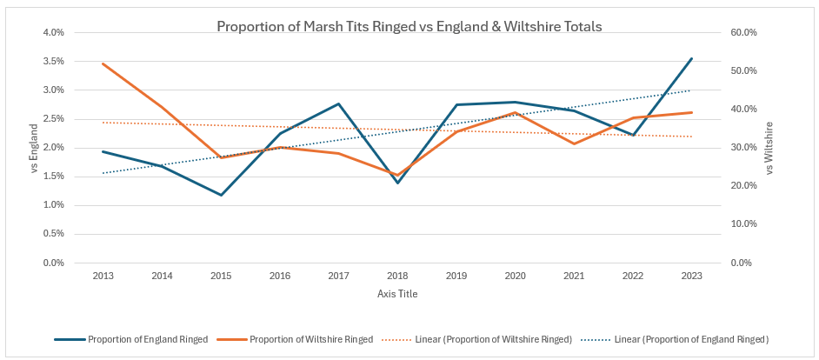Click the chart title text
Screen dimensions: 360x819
409,26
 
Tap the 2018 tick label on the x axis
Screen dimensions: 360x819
396,275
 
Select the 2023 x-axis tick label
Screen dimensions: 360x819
691,275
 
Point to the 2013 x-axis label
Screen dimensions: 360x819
103,275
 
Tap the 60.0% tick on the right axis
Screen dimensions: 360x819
746,33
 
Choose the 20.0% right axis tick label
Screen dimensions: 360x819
746,186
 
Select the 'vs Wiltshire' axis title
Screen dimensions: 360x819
769,148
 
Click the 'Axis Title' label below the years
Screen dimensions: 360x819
397,294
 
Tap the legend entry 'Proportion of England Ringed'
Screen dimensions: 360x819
147,339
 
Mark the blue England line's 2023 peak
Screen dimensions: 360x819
691,58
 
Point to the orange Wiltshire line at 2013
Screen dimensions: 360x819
103,63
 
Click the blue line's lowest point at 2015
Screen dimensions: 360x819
221,195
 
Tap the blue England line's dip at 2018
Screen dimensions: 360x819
397,183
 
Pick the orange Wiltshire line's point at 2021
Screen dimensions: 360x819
574,143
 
